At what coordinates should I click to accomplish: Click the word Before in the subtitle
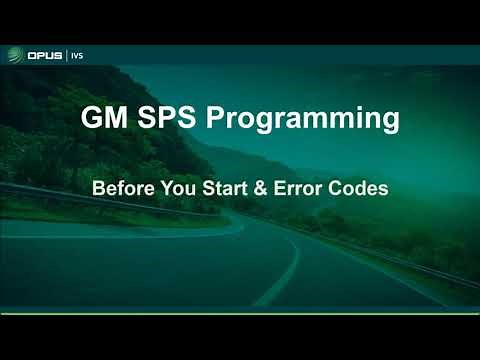coord(124,187)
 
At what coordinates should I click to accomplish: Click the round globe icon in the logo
coord(16,54)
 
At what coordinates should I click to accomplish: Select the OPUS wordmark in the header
coord(44,54)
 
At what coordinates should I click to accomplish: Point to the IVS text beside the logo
coord(77,54)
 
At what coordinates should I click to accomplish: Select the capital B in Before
coord(98,187)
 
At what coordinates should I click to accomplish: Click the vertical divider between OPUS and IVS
coord(66,54)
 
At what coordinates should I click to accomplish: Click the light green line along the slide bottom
coord(240,312)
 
